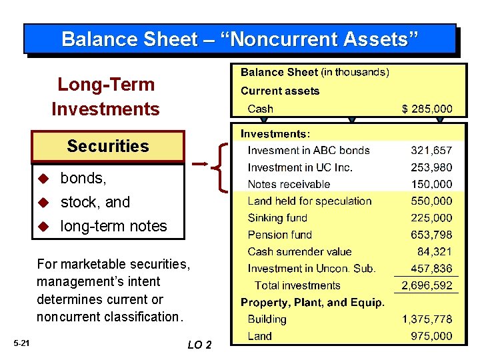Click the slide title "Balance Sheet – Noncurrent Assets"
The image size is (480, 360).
click(x=240, y=39)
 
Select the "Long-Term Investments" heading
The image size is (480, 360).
click(x=106, y=97)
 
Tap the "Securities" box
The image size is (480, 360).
click(x=108, y=146)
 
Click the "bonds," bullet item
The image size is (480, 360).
click(x=83, y=178)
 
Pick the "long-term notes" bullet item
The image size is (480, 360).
click(x=113, y=226)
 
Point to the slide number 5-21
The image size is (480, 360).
click(x=21, y=343)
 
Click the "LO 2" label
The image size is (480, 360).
click(x=199, y=345)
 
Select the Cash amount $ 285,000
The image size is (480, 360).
click(x=426, y=109)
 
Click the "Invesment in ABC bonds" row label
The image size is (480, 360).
click(x=308, y=151)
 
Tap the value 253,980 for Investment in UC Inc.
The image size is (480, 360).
click(x=431, y=167)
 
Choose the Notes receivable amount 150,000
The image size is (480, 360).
click(x=431, y=184)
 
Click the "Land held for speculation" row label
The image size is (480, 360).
click(x=309, y=201)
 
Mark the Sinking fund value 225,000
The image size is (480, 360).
click(x=431, y=218)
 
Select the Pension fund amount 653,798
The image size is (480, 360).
click(x=431, y=235)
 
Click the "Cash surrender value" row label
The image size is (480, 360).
click(x=299, y=251)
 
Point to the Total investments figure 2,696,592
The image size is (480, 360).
click(x=426, y=285)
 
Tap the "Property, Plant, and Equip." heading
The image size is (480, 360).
click(x=313, y=303)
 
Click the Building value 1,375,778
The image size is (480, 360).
click(x=426, y=319)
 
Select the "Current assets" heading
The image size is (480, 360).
click(x=280, y=91)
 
